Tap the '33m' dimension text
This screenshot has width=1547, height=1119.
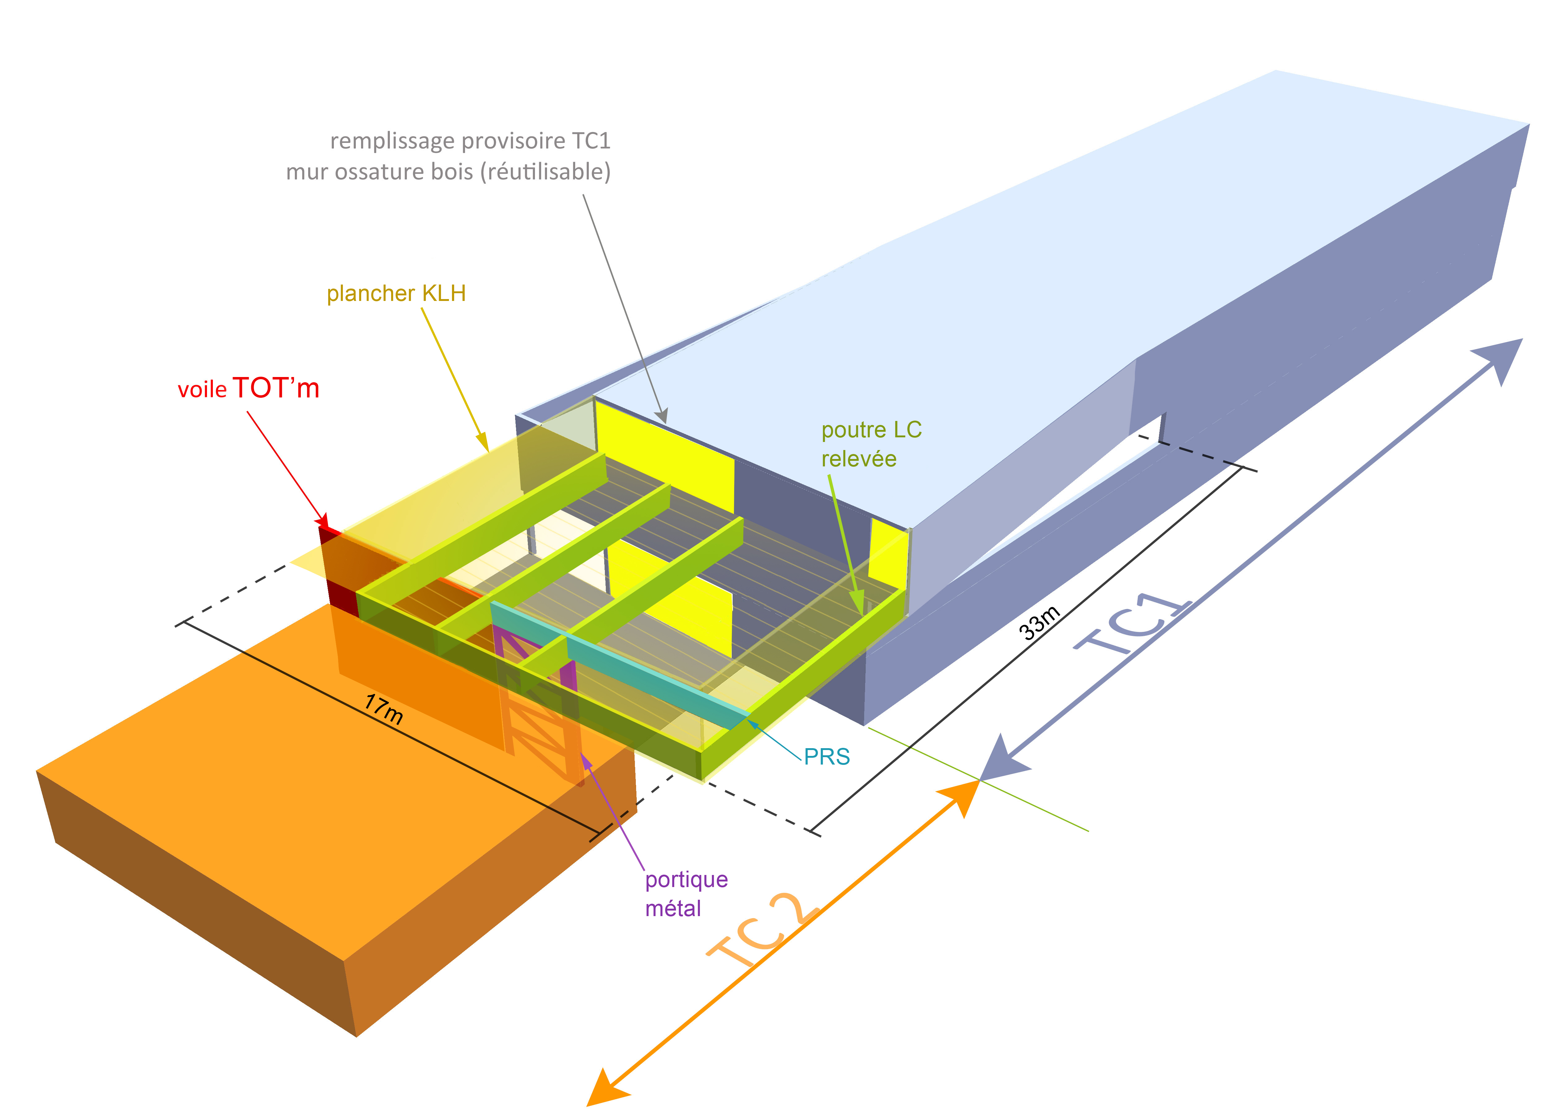1040,623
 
